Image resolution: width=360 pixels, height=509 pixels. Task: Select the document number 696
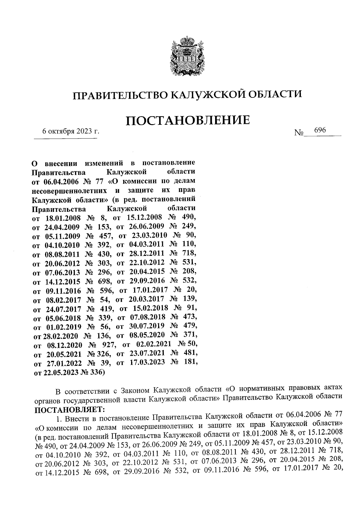[320, 130]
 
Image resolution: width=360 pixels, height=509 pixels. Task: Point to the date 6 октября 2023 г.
[71, 131]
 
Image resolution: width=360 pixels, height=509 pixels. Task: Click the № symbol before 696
[299, 132]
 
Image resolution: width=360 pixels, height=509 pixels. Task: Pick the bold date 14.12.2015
[62, 282]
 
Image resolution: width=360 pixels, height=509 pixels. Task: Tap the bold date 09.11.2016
[63, 291]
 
